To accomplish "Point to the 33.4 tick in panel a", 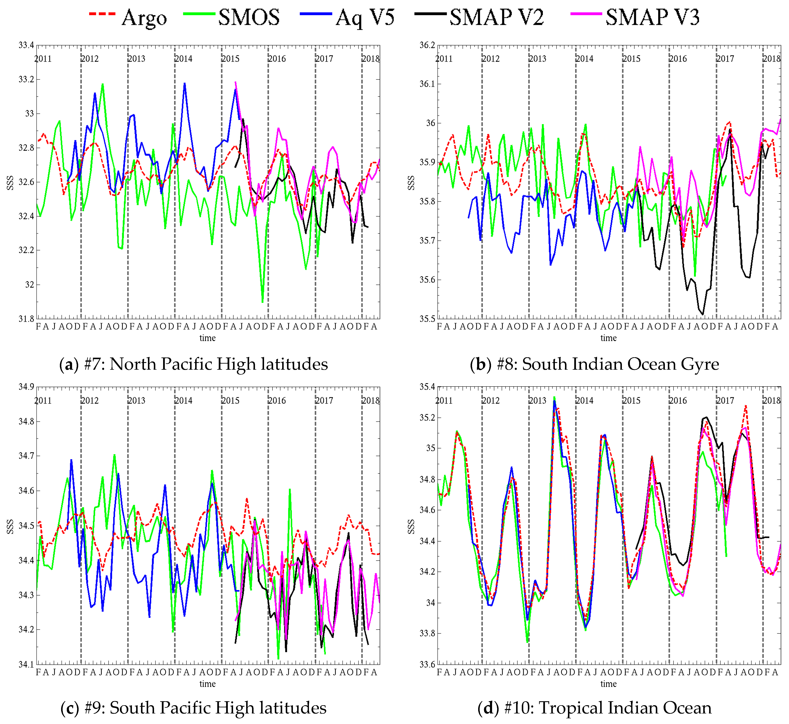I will point(26,45).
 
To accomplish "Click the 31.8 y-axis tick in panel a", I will point(26,318).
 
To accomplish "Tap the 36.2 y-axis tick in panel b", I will point(427,45).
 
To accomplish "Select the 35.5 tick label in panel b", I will point(427,318).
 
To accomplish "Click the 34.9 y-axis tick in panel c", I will point(26,387).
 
